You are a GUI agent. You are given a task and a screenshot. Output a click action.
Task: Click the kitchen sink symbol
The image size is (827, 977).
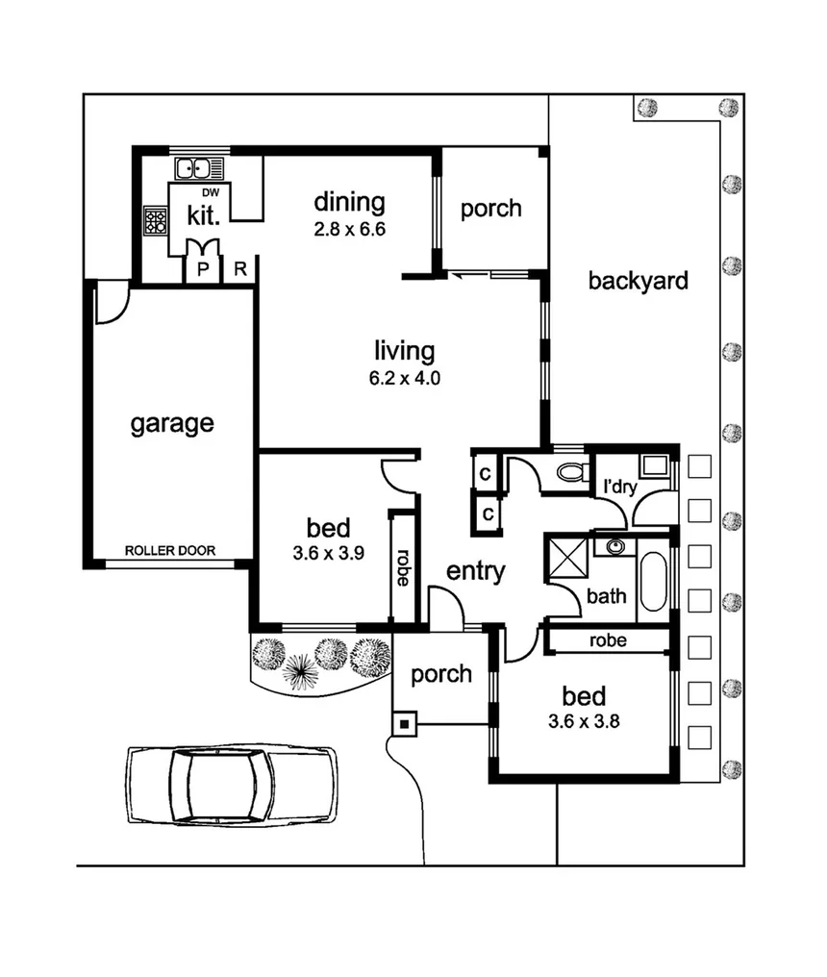(x=199, y=169)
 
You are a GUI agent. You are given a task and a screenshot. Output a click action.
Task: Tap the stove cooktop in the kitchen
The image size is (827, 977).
(x=156, y=222)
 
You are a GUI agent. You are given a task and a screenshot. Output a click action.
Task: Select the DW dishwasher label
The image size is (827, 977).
(x=211, y=192)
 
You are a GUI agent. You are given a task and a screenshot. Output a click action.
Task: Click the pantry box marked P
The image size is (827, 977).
(x=203, y=270)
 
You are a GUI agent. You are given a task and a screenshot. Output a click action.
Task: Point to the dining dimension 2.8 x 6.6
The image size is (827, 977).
(x=349, y=230)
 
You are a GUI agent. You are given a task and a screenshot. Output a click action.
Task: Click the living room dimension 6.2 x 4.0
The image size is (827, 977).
(x=404, y=378)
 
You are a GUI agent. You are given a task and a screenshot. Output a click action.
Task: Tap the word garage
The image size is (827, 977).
(x=172, y=423)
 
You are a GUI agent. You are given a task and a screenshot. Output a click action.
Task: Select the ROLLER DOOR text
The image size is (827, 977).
(x=170, y=551)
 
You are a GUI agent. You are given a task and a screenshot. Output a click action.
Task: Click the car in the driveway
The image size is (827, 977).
(x=232, y=785)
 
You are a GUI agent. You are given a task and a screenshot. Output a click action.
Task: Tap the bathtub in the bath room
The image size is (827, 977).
(x=652, y=581)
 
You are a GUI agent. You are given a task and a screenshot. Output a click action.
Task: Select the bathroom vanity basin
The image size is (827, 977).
(x=614, y=547)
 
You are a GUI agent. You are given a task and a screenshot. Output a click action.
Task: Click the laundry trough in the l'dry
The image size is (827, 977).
(x=657, y=467)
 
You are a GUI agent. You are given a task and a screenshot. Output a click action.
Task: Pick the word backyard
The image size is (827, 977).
(x=638, y=281)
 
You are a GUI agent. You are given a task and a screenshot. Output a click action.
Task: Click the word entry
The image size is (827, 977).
(x=475, y=571)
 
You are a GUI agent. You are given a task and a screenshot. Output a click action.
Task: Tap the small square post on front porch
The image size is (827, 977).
(x=405, y=722)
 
